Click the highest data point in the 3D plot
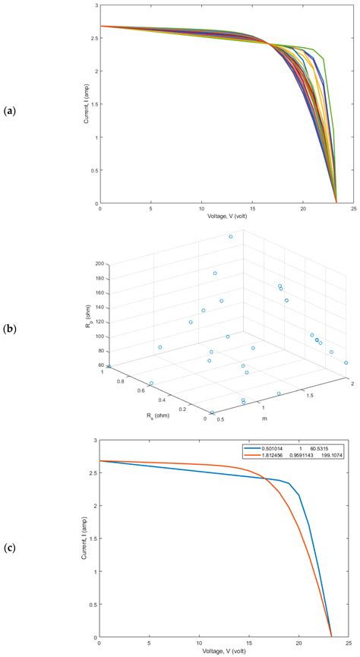click(231, 236)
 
